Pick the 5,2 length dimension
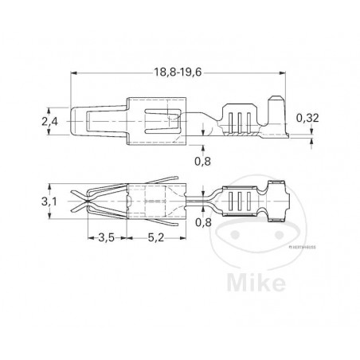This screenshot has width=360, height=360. point(157,238)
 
